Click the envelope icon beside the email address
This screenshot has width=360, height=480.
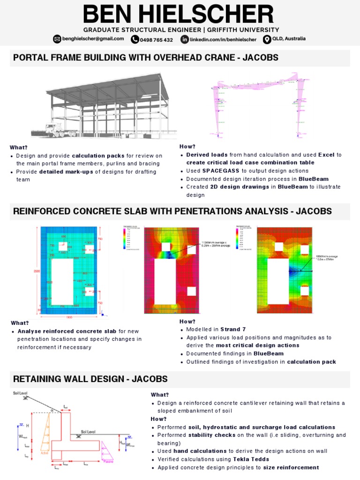tap(57, 39)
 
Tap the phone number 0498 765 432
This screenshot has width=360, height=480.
tap(157, 40)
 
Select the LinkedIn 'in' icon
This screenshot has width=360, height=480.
tap(185, 39)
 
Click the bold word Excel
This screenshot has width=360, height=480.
tap(326, 155)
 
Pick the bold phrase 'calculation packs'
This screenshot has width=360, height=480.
tap(98, 156)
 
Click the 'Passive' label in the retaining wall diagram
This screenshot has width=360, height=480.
tap(110, 461)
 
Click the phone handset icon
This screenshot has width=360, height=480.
tap(135, 39)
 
